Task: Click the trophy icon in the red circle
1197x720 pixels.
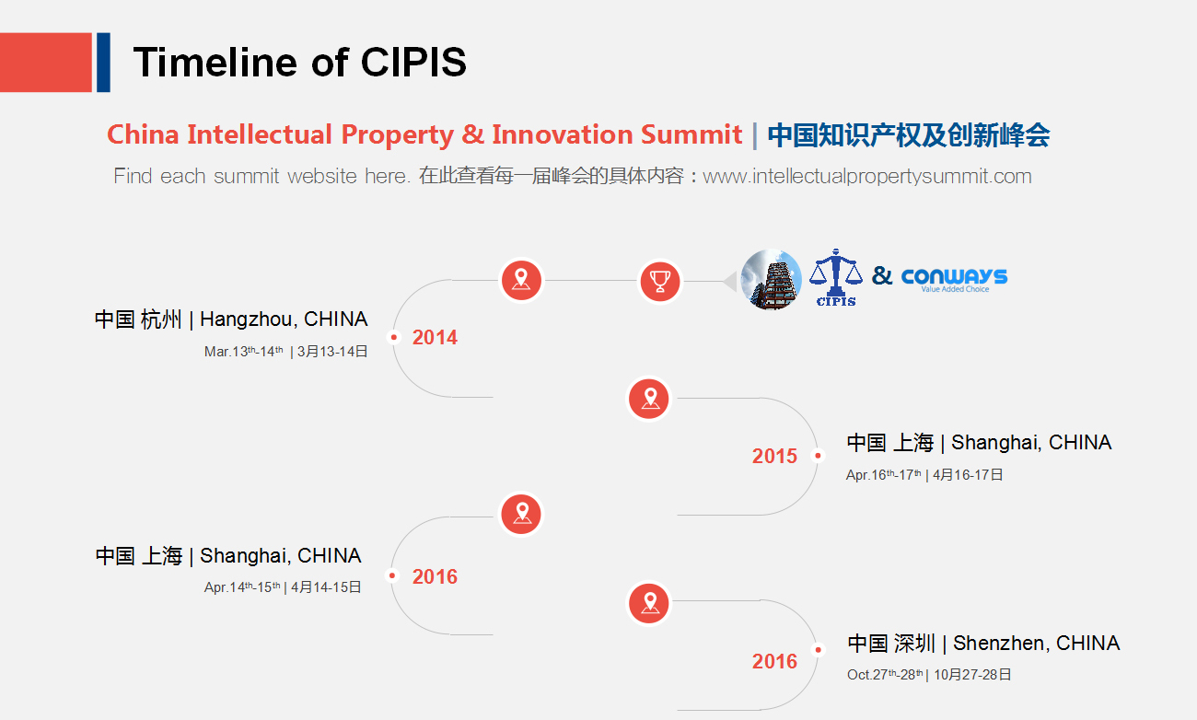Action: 660,281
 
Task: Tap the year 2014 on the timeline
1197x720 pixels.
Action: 435,338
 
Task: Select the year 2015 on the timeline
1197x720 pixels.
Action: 774,456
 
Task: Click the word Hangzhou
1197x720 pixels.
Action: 249,319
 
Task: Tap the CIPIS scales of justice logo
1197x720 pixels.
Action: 836,278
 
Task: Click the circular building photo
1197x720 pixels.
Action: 771,280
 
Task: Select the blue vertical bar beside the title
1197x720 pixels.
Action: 104,63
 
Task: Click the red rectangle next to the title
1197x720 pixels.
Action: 46,63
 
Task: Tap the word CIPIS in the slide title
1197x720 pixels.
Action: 413,62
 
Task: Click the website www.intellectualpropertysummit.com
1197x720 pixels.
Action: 866,177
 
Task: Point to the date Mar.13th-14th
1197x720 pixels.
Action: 244,351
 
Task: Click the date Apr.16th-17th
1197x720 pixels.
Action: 883,475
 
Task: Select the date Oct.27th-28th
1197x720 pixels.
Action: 885,675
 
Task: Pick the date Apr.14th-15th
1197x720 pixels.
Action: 242,586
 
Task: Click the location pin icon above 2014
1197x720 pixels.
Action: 521,280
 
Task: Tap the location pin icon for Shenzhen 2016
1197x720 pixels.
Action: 649,603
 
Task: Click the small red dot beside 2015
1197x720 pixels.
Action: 818,456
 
